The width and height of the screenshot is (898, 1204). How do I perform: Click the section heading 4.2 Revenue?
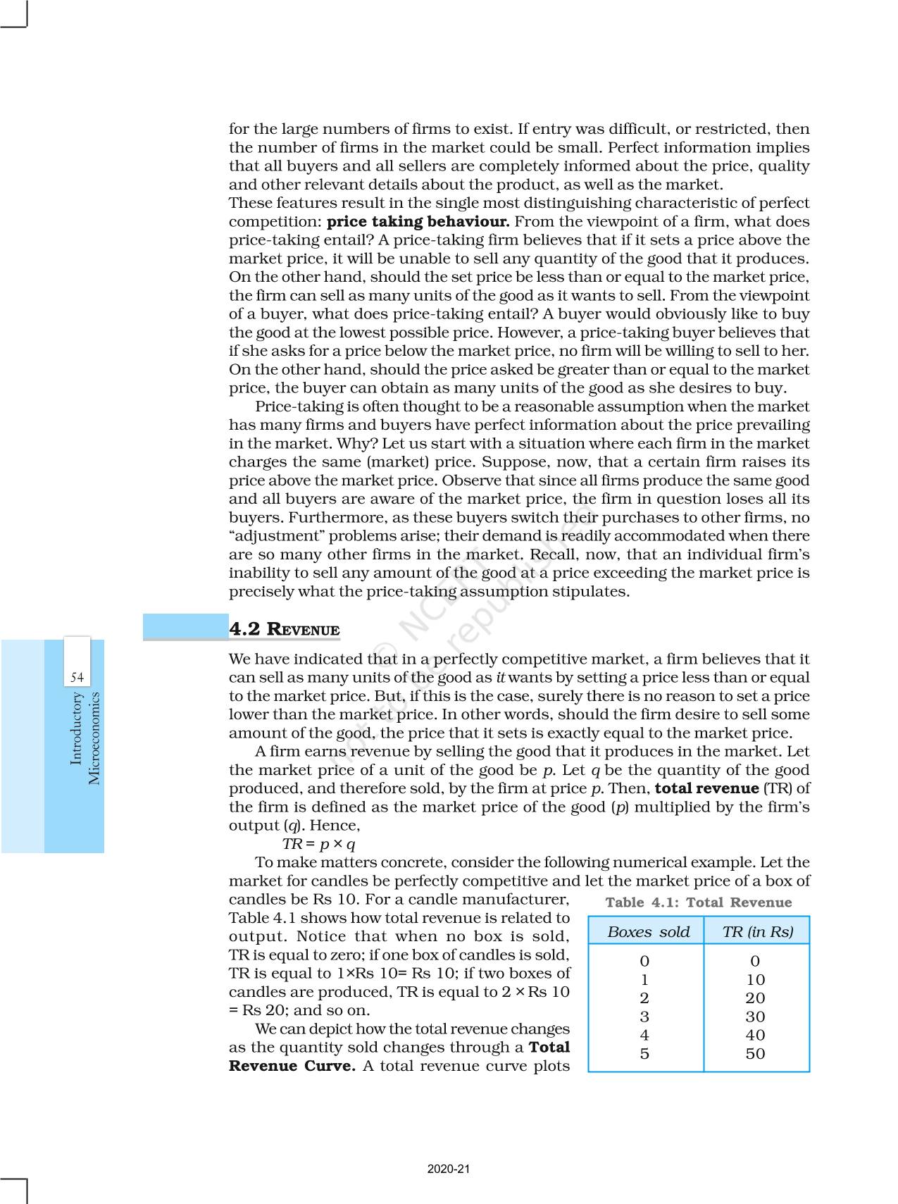click(x=285, y=629)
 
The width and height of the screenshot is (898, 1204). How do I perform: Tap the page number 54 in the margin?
click(x=77, y=678)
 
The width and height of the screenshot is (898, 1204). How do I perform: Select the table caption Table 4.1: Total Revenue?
click(x=698, y=902)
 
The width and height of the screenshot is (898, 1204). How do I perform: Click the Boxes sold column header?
click(x=648, y=932)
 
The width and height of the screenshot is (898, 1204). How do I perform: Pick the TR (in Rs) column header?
click(x=757, y=932)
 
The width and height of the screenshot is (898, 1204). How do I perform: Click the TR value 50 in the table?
click(x=755, y=1054)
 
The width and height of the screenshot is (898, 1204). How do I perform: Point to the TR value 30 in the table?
click(x=755, y=1017)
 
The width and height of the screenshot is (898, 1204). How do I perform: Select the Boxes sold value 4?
click(x=644, y=1035)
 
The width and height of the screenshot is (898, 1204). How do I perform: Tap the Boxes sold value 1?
click(x=644, y=980)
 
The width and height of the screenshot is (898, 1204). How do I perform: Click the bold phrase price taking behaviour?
click(x=418, y=222)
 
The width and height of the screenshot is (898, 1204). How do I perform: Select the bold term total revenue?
click(x=706, y=788)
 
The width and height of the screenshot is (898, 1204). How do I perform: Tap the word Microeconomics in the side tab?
click(x=94, y=738)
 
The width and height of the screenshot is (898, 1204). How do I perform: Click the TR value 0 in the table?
click(x=755, y=961)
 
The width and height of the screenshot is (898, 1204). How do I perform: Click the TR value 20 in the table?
click(x=755, y=998)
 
